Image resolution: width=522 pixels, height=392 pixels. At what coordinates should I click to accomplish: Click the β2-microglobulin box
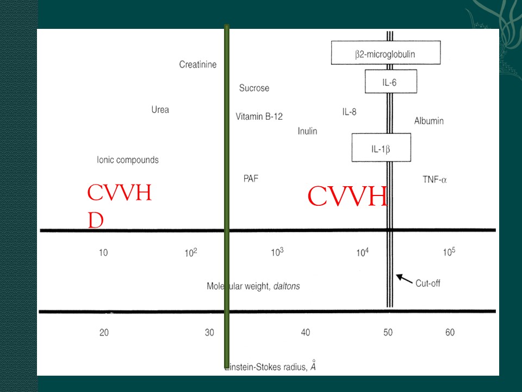click(386, 53)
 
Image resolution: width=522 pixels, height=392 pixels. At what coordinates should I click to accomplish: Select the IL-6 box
click(391, 81)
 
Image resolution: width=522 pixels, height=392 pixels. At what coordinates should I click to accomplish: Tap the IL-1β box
click(381, 148)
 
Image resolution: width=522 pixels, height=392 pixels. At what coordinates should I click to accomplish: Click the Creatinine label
click(198, 64)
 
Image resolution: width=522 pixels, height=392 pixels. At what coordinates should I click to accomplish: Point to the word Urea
click(160, 109)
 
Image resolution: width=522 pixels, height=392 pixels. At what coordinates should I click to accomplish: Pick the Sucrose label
click(254, 88)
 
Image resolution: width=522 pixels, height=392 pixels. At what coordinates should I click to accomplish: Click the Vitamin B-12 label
click(259, 117)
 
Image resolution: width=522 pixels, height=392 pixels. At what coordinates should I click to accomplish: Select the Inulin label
click(307, 131)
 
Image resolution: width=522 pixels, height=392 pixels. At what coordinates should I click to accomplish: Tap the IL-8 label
click(349, 112)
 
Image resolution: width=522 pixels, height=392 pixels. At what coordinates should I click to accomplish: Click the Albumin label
click(429, 121)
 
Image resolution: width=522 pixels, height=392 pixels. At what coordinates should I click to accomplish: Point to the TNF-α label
click(435, 180)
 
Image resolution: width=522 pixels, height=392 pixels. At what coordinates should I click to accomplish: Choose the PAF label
click(251, 179)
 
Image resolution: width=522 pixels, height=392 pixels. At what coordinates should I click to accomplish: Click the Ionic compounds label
click(128, 160)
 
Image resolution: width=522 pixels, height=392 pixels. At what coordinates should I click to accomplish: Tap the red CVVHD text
click(119, 205)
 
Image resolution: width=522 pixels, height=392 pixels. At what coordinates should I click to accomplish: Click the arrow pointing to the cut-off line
click(404, 279)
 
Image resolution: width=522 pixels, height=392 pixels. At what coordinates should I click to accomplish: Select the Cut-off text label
click(428, 283)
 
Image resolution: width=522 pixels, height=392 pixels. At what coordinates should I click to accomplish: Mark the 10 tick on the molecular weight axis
click(103, 253)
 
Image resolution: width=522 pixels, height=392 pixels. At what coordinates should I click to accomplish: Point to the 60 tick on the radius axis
click(450, 332)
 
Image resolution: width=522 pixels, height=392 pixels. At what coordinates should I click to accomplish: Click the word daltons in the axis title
click(287, 286)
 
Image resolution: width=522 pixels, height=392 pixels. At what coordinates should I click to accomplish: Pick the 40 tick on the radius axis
click(305, 332)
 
